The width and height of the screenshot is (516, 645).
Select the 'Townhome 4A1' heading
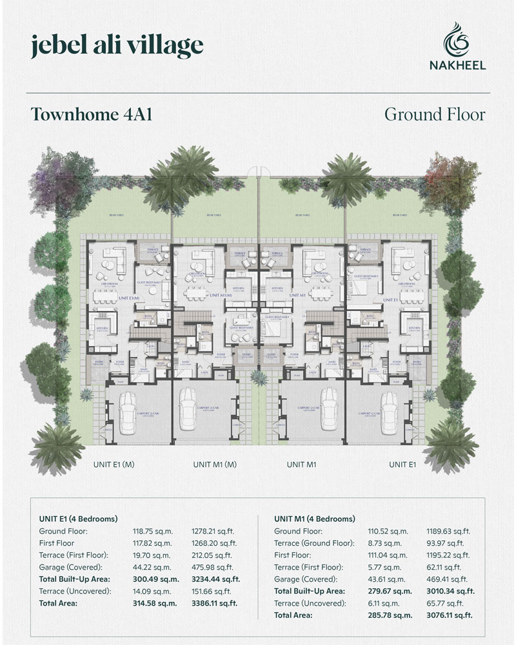click(90, 114)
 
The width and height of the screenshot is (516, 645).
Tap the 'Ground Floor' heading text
click(434, 114)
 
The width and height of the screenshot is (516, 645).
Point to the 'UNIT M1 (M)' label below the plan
click(215, 464)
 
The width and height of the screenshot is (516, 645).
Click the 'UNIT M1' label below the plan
click(305, 464)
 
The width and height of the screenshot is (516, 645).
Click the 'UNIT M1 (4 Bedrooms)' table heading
click(315, 519)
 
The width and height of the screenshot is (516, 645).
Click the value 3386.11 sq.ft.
click(215, 603)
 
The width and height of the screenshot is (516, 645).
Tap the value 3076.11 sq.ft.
click(450, 615)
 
